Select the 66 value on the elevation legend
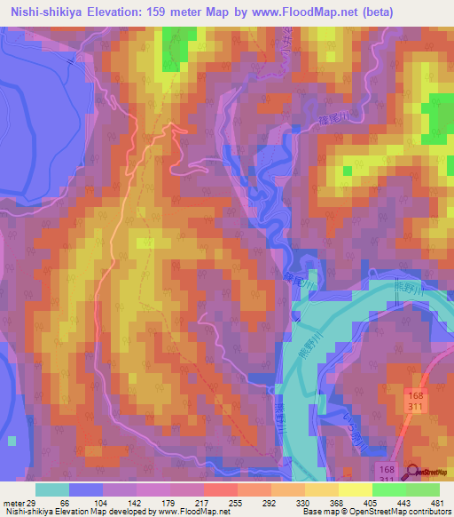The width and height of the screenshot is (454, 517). click(x=62, y=503)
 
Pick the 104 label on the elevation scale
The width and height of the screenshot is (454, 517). click(x=96, y=503)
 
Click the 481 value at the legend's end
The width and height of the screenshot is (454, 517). click(x=435, y=503)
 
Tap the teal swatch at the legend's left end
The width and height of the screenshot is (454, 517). click(x=52, y=489)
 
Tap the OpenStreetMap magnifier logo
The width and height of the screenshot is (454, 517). click(x=412, y=472)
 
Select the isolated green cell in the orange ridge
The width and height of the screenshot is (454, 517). click(x=347, y=171)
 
